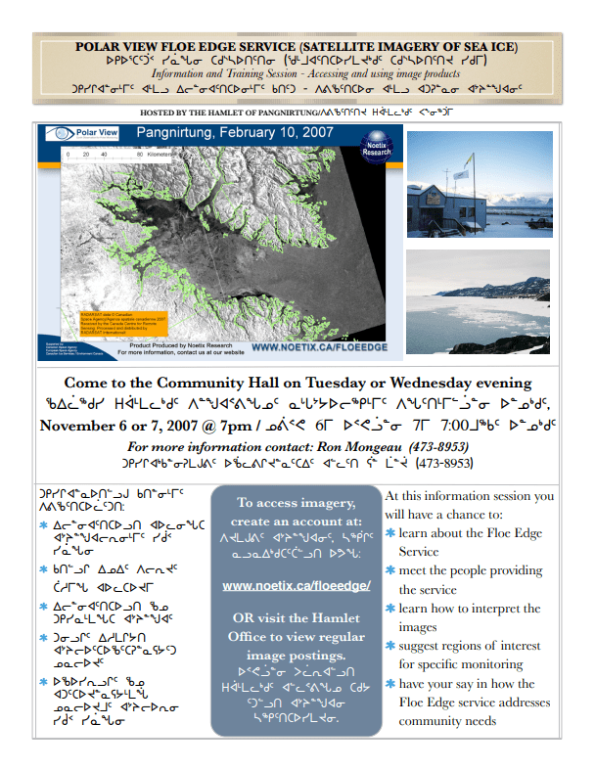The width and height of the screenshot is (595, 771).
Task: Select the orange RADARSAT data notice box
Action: [115, 319]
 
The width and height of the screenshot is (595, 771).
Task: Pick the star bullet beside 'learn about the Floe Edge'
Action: [391, 534]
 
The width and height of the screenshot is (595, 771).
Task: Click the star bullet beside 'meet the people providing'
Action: [391, 571]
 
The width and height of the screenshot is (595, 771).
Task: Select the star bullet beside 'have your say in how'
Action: [391, 684]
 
